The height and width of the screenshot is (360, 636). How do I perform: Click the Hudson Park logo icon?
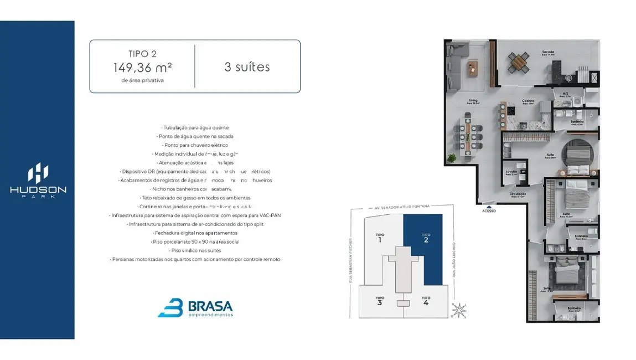[x=38, y=173]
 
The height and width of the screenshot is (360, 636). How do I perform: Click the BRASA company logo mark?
[x=170, y=307]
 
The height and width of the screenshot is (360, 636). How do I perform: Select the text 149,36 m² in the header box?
[x=142, y=68]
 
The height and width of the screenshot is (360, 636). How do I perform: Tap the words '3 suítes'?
[x=247, y=67]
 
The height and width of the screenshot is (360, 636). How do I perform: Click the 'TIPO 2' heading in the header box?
[x=142, y=54]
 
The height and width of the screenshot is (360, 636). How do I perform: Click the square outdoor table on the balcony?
[x=519, y=61]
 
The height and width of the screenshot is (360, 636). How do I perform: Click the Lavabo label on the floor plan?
[x=511, y=172]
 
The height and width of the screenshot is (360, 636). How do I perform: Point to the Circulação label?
[x=518, y=194]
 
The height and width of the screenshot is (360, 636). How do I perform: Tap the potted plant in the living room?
[x=452, y=158]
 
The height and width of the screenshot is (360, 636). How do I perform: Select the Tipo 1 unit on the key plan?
[x=380, y=238]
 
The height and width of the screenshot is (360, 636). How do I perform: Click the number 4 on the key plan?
[x=426, y=303]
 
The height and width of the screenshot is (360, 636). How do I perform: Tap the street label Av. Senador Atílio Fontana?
[x=402, y=207]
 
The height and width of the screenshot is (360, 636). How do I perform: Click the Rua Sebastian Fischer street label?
[x=351, y=260]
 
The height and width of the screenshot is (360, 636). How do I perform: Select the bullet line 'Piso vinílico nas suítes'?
[x=195, y=250]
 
